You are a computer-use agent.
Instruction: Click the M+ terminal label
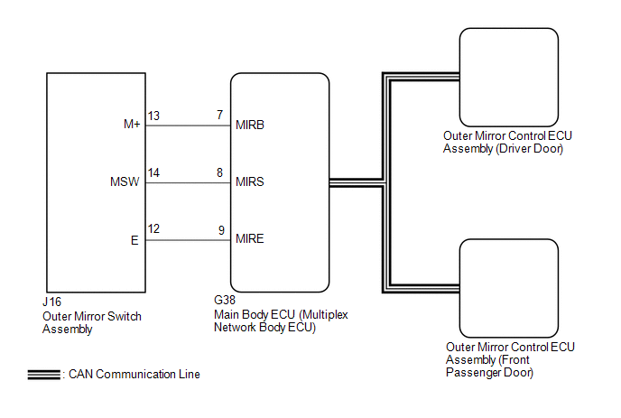tap(132, 125)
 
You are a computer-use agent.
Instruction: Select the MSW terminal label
tap(125, 182)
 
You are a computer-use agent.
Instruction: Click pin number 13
tap(153, 116)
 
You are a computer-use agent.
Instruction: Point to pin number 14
tap(153, 173)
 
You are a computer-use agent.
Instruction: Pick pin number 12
tap(153, 231)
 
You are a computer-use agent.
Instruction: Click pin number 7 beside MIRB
tap(219, 116)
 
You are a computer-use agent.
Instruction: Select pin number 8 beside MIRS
tap(219, 173)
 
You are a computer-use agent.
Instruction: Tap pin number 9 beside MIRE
tap(219, 231)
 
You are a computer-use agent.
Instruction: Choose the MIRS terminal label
tap(249, 182)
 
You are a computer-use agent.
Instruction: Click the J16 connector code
tap(51, 304)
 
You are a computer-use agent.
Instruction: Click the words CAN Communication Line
tap(134, 375)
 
